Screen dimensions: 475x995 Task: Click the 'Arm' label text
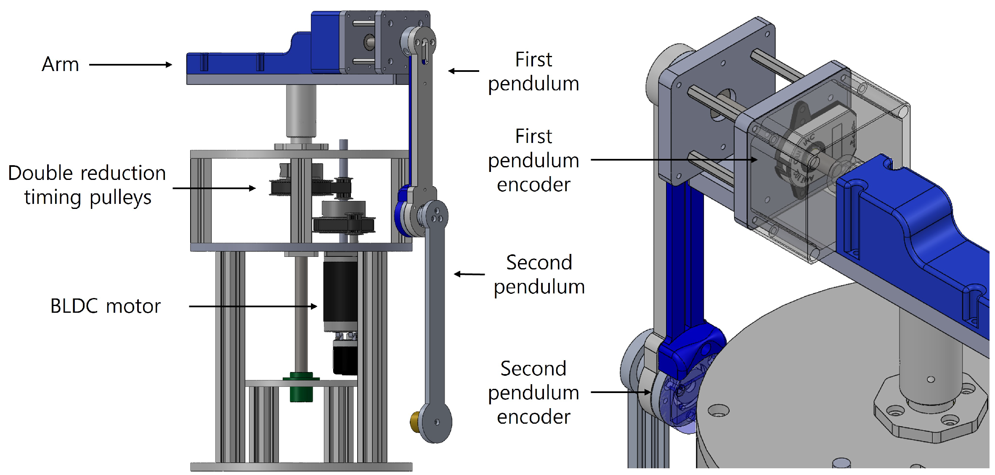(x=60, y=65)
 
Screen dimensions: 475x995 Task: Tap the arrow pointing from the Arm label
(x=130, y=65)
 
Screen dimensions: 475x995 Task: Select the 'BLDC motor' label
(x=105, y=306)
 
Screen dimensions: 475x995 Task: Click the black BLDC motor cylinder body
(x=340, y=290)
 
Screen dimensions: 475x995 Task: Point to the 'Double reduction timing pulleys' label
(x=87, y=185)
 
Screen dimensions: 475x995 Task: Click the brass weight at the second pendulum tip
(x=415, y=422)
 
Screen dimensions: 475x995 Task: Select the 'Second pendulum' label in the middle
(x=539, y=274)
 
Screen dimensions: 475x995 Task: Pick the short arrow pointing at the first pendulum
(x=464, y=71)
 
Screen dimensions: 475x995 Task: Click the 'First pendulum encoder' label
(x=533, y=160)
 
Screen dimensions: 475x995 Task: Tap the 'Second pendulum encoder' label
(x=533, y=393)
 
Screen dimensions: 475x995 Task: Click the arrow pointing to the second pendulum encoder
(x=621, y=392)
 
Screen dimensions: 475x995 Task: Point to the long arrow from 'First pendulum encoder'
(x=673, y=160)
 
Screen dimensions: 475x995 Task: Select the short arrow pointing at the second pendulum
(x=469, y=274)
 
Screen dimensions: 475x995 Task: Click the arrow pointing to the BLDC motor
(x=253, y=306)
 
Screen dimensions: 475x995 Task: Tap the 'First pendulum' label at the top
(x=533, y=71)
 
